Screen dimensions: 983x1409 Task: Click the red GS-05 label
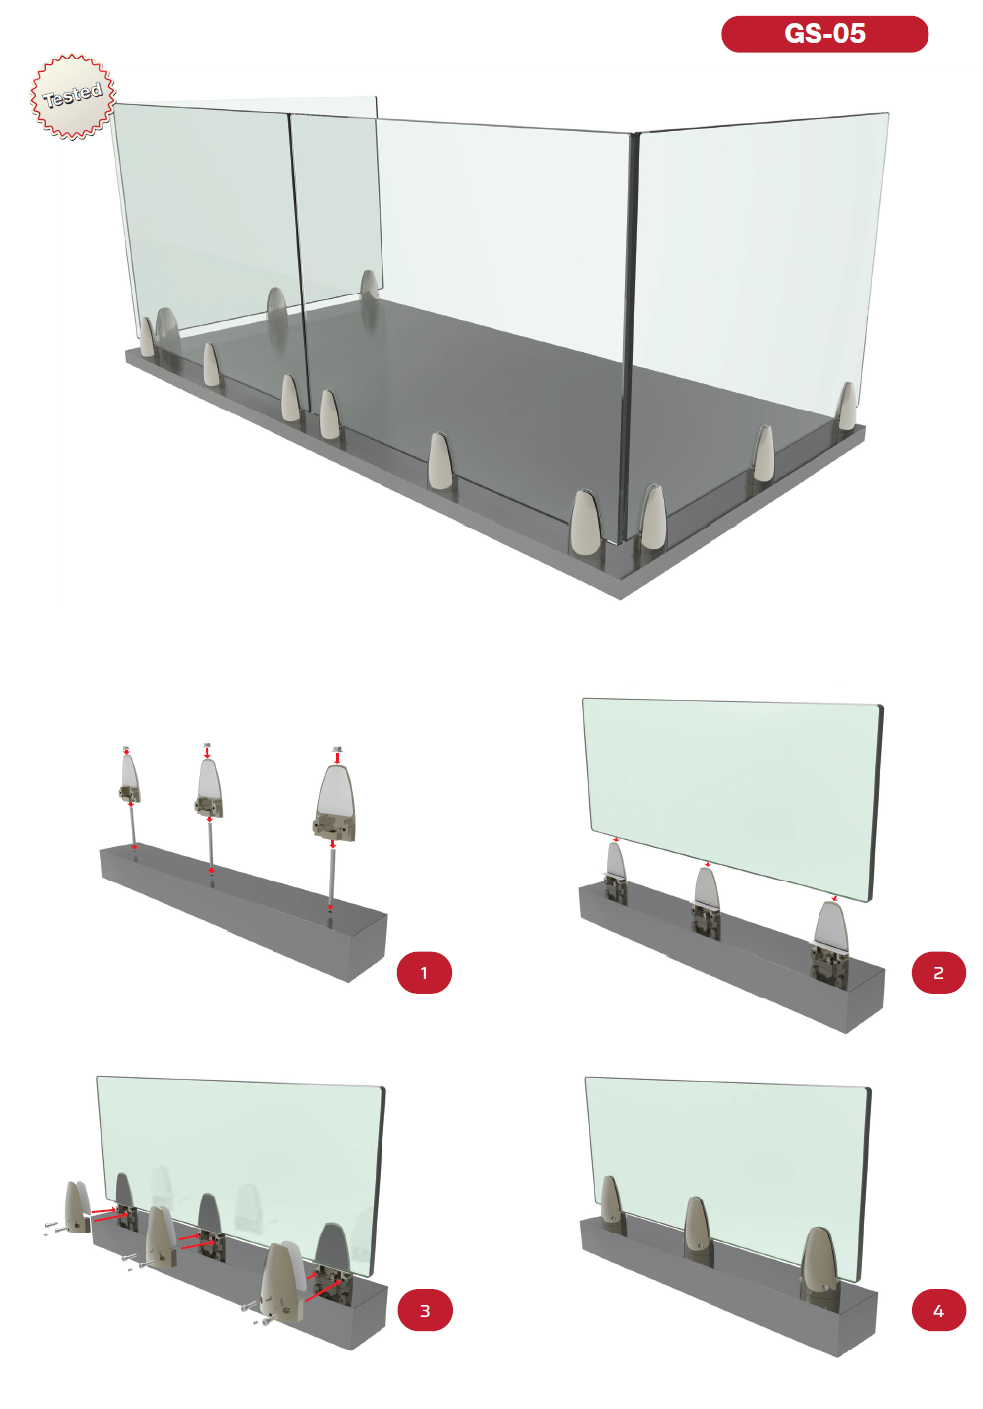(x=824, y=34)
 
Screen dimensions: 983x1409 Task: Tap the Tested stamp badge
(x=73, y=96)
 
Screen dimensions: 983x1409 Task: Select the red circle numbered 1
(x=424, y=973)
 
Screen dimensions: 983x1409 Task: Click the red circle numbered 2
(x=938, y=973)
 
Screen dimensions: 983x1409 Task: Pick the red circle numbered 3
(x=425, y=1310)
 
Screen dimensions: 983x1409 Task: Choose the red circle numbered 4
(x=938, y=1310)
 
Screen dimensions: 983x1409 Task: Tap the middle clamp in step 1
(x=209, y=788)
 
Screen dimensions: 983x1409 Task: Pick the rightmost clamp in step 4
(x=819, y=1263)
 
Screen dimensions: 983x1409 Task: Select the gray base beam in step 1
(x=245, y=912)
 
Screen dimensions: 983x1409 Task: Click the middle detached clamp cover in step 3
(x=161, y=1237)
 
